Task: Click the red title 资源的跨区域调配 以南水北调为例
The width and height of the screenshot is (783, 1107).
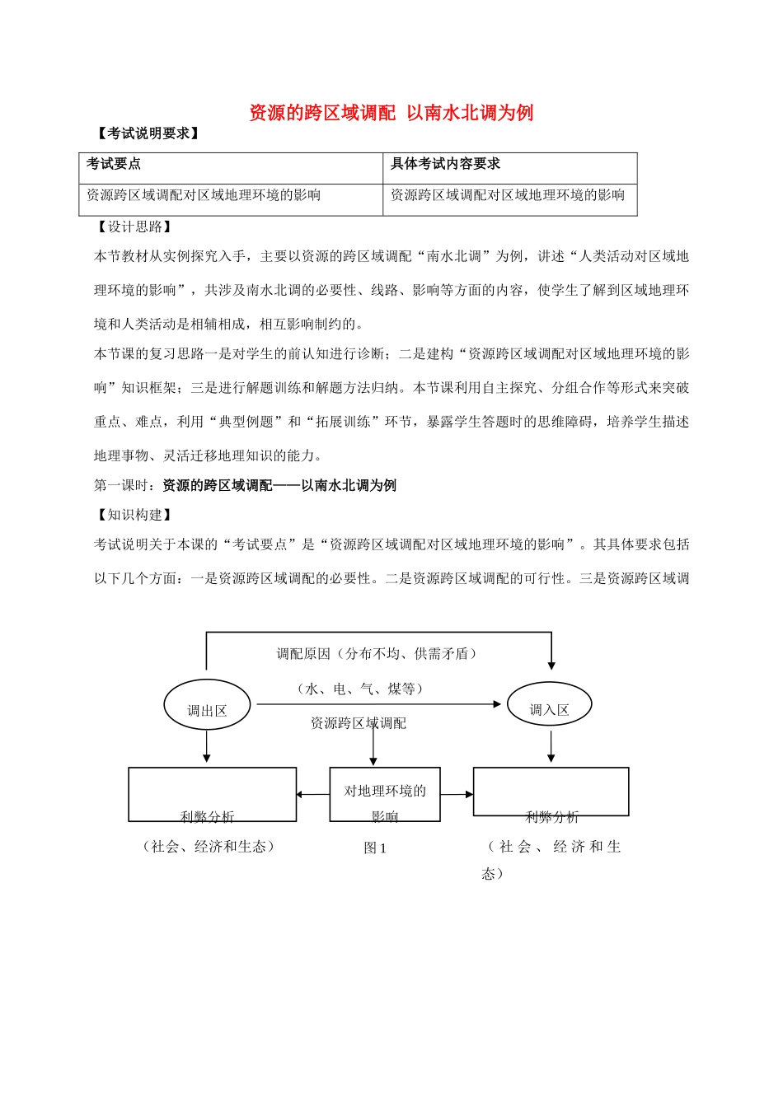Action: (x=391, y=113)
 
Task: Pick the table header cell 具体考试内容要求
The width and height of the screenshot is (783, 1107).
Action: (x=445, y=164)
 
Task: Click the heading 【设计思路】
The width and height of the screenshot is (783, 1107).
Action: (x=133, y=227)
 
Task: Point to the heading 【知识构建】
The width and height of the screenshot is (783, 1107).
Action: (x=133, y=515)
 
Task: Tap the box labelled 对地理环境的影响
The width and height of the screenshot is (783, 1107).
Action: (x=385, y=794)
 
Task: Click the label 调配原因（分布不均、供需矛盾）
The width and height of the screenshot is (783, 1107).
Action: (x=377, y=654)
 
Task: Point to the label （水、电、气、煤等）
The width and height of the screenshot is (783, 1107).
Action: (x=360, y=689)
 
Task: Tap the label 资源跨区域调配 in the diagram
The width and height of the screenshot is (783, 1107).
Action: (x=358, y=724)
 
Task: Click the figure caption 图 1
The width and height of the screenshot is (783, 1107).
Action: (x=375, y=848)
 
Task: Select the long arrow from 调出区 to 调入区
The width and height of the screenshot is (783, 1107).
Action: (x=379, y=704)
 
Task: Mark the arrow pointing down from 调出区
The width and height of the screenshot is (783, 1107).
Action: (x=206, y=747)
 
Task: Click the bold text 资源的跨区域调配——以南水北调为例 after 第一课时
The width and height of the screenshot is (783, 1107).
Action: (x=279, y=486)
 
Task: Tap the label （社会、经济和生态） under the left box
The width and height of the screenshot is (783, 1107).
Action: (x=209, y=847)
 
